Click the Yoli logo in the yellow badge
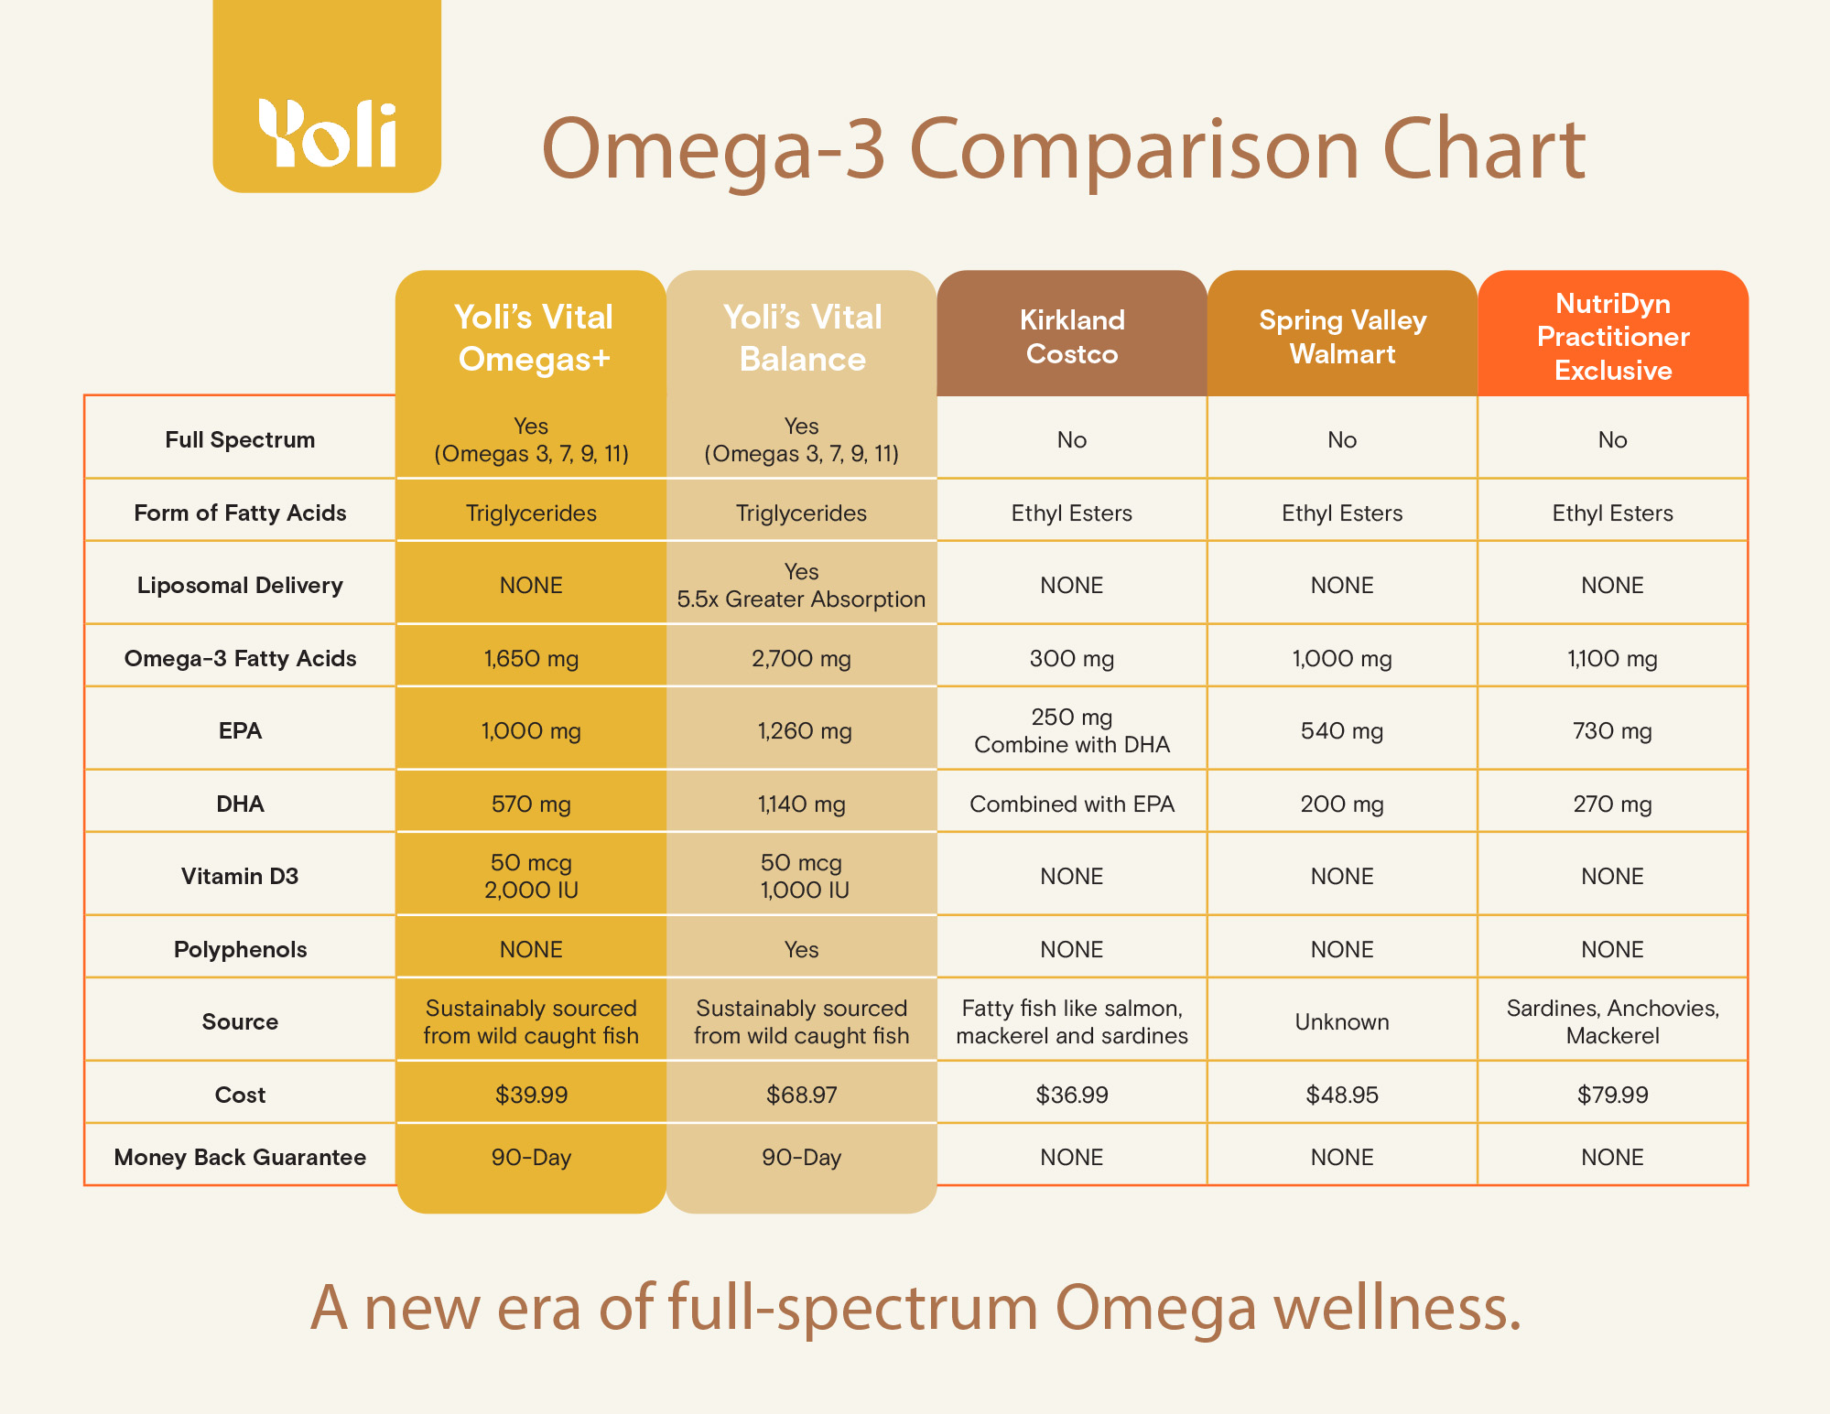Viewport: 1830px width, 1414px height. pos(327,134)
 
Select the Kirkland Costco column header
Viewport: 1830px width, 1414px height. pos(1072,337)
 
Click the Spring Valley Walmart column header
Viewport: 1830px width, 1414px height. pos(1342,337)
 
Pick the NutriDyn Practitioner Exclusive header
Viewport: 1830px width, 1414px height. pos(1613,337)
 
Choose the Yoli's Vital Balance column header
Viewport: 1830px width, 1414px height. pos(802,338)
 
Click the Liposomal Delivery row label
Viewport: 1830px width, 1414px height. pos(240,585)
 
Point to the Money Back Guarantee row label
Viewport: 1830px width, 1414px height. pos(240,1157)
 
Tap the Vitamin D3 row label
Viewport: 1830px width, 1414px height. pos(240,876)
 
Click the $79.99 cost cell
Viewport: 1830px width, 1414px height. pos(1612,1095)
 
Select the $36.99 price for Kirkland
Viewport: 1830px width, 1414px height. pos(1072,1095)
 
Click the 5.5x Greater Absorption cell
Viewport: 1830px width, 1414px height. pos(801,599)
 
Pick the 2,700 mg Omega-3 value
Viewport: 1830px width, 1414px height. pos(801,658)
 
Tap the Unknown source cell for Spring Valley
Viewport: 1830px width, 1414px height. pos(1342,1021)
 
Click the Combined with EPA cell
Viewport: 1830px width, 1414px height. pos(1072,804)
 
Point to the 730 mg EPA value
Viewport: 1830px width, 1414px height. pos(1612,730)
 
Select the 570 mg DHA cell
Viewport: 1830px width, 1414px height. pos(531,804)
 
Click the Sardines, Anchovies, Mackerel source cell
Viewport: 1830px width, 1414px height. pos(1612,1021)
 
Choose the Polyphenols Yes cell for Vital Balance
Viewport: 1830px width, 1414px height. pos(801,949)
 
